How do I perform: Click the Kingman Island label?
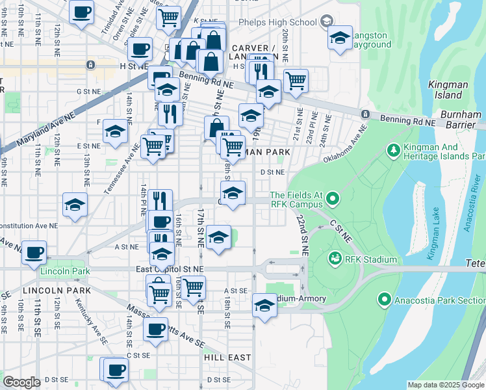click(444, 90)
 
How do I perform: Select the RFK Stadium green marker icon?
click(336, 259)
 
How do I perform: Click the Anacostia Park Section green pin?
click(384, 300)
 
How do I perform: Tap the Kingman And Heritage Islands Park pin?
click(393, 151)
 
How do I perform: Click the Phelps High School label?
click(287, 22)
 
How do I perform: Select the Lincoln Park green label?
click(62, 271)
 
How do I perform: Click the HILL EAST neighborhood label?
click(227, 357)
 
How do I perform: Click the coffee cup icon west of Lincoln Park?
click(34, 252)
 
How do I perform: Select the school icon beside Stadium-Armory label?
click(264, 305)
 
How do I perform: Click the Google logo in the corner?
click(21, 382)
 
